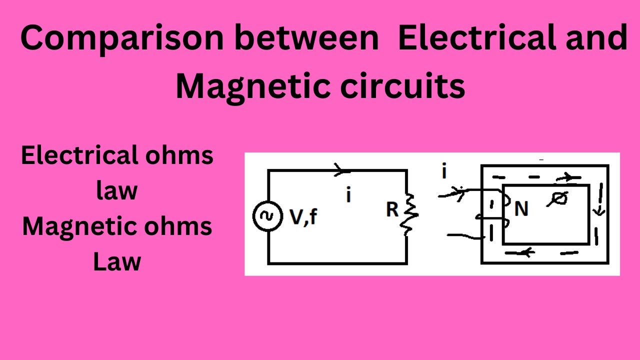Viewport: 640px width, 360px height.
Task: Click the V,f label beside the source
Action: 303,217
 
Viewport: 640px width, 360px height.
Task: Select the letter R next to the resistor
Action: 392,210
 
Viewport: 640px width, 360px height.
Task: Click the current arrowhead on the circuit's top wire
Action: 341,171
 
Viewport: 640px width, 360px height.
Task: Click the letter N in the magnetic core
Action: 521,209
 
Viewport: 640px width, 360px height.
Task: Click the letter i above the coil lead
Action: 444,172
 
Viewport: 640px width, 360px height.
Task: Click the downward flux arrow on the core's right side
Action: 598,210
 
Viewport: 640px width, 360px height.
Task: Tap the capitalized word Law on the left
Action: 117,262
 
